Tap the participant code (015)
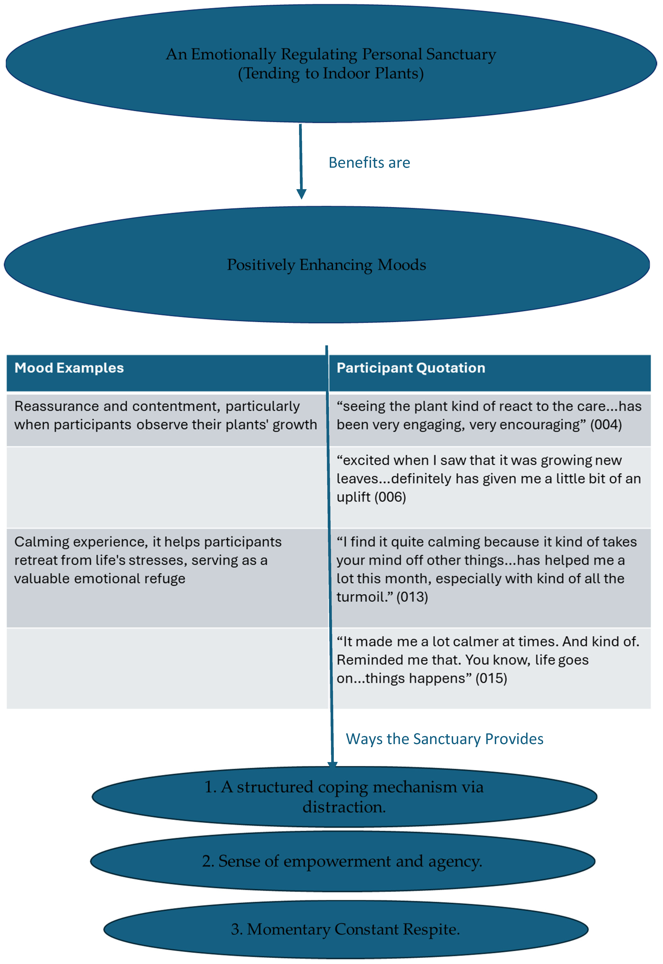click(491, 679)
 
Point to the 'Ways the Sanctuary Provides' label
click(444, 739)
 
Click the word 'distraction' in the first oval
click(343, 807)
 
